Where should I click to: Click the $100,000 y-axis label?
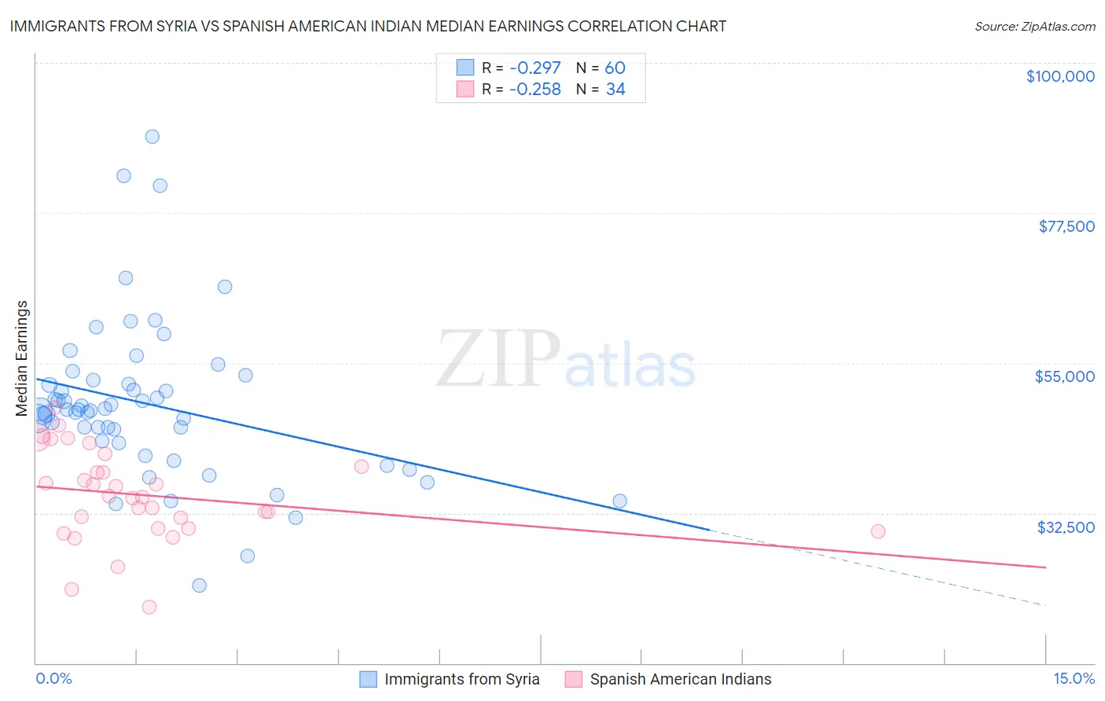[1059, 76]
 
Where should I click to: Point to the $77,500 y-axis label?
[1066, 226]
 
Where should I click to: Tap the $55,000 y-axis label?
[1064, 376]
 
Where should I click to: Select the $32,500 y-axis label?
[1065, 527]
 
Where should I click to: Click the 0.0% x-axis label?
[53, 679]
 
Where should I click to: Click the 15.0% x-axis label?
[1073, 679]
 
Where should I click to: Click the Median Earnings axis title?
[22, 358]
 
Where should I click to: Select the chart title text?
[368, 26]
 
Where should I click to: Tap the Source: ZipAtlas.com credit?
[1034, 26]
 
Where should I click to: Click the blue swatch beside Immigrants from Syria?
[368, 679]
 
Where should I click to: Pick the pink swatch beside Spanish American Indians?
[574, 679]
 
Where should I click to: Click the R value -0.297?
[534, 68]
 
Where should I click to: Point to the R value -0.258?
[534, 90]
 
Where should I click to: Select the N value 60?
[615, 68]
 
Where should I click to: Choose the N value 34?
[615, 90]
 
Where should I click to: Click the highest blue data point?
[152, 137]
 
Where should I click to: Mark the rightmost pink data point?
[878, 531]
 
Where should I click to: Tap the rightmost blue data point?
[619, 501]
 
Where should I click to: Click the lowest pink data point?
[149, 607]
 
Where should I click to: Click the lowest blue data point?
[200, 585]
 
